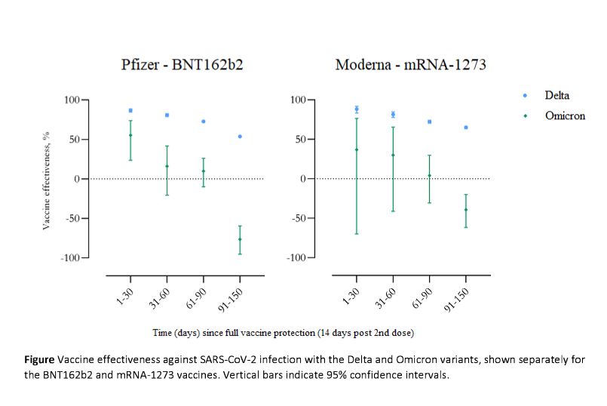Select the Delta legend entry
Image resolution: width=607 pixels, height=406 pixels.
(556, 96)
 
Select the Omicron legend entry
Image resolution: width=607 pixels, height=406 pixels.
(565, 115)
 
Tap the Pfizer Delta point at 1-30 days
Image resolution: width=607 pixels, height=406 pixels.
(130, 110)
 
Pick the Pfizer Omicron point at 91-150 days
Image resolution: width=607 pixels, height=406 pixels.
(240, 239)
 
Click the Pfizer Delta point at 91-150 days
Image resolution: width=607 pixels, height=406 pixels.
(240, 137)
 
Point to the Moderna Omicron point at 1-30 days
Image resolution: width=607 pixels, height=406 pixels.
(356, 149)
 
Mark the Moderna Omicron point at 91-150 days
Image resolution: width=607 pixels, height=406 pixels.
(466, 210)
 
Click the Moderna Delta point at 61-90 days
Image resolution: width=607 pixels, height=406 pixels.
(429, 121)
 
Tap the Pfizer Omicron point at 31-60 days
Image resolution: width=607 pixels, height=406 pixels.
(167, 166)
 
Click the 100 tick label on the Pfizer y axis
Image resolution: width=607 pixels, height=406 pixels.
(72, 100)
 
